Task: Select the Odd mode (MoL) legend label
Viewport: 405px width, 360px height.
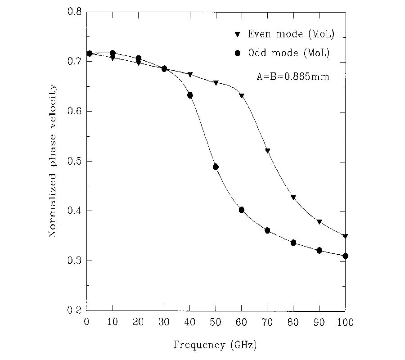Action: tap(289, 53)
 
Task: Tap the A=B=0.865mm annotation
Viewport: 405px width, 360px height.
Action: tap(293, 77)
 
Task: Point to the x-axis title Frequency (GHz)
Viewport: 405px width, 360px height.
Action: tap(215, 345)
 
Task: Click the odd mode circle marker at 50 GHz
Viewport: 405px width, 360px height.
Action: tap(216, 167)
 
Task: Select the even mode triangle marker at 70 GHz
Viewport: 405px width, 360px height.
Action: tap(267, 151)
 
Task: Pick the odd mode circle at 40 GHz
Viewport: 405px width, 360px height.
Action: tap(190, 95)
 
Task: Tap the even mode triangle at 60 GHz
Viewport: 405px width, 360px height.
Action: tap(242, 96)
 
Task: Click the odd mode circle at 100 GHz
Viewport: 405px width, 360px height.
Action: tap(345, 256)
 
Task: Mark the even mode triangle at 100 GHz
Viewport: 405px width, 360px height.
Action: tap(345, 236)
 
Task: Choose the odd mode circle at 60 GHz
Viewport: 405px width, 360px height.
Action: tap(242, 210)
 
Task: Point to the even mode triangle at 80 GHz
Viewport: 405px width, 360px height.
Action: tap(293, 197)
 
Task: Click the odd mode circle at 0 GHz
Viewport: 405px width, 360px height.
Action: tap(89, 54)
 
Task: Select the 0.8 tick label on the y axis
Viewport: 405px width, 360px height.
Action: tap(74, 12)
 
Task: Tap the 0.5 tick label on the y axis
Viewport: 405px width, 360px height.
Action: tap(74, 161)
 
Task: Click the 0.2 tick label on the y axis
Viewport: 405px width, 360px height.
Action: tap(74, 310)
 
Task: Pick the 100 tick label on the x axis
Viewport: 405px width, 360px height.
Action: tap(345, 322)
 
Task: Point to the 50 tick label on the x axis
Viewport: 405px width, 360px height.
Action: tap(216, 322)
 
